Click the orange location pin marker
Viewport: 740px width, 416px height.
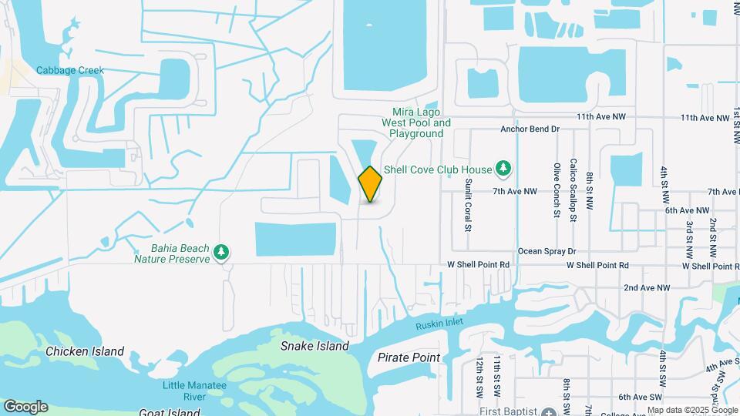tap(370, 184)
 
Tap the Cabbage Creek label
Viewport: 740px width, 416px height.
tap(70, 70)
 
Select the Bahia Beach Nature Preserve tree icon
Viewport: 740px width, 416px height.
tap(222, 252)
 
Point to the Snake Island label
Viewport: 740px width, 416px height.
tap(314, 347)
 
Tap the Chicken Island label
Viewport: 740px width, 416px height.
tap(85, 351)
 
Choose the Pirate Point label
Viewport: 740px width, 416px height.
tap(409, 357)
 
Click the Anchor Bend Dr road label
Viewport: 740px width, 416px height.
tap(529, 129)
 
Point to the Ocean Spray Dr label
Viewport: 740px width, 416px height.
tap(547, 251)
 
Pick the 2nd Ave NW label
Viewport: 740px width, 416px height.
tap(644, 287)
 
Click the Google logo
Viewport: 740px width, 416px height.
tap(25, 407)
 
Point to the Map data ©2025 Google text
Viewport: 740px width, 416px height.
tap(692, 411)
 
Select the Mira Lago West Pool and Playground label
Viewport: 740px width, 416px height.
tap(416, 122)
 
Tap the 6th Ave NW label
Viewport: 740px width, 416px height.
tap(687, 210)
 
